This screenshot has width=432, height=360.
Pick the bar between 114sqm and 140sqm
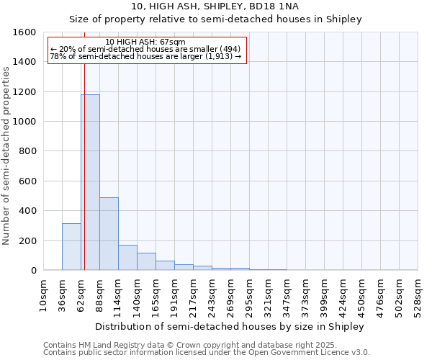click(x=127, y=257)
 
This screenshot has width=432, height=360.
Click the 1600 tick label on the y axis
click(x=24, y=32)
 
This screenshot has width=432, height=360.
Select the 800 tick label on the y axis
click(x=27, y=151)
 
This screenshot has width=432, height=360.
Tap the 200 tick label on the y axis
click(x=27, y=240)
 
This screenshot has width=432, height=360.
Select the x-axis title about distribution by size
click(x=230, y=326)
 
